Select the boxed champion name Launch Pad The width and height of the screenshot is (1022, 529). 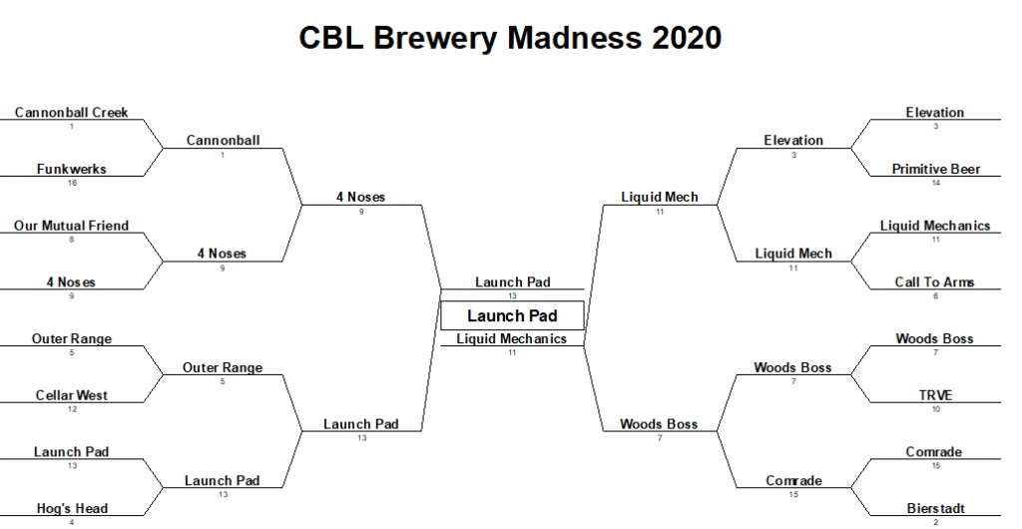click(512, 316)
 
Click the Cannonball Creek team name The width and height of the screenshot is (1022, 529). click(72, 113)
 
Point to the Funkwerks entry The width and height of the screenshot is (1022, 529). click(72, 170)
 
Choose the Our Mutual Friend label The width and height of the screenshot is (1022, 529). click(72, 226)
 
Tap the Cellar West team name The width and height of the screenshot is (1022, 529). click(72, 395)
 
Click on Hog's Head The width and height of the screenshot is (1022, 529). click(72, 508)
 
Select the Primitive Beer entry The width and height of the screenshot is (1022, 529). click(935, 170)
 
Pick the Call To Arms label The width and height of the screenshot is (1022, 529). click(935, 282)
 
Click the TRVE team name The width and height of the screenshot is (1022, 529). click(935, 395)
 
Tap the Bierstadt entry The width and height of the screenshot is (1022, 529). click(935, 508)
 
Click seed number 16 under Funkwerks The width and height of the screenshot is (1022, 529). click(72, 184)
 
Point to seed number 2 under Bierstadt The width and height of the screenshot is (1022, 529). click(935, 522)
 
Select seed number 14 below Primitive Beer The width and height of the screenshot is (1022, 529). click(935, 184)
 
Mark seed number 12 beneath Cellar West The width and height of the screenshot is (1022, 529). click(72, 409)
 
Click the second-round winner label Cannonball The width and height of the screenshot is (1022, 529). click(223, 141)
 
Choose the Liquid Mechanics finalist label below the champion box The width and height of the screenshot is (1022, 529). click(511, 339)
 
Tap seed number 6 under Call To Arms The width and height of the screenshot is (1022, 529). click(935, 296)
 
